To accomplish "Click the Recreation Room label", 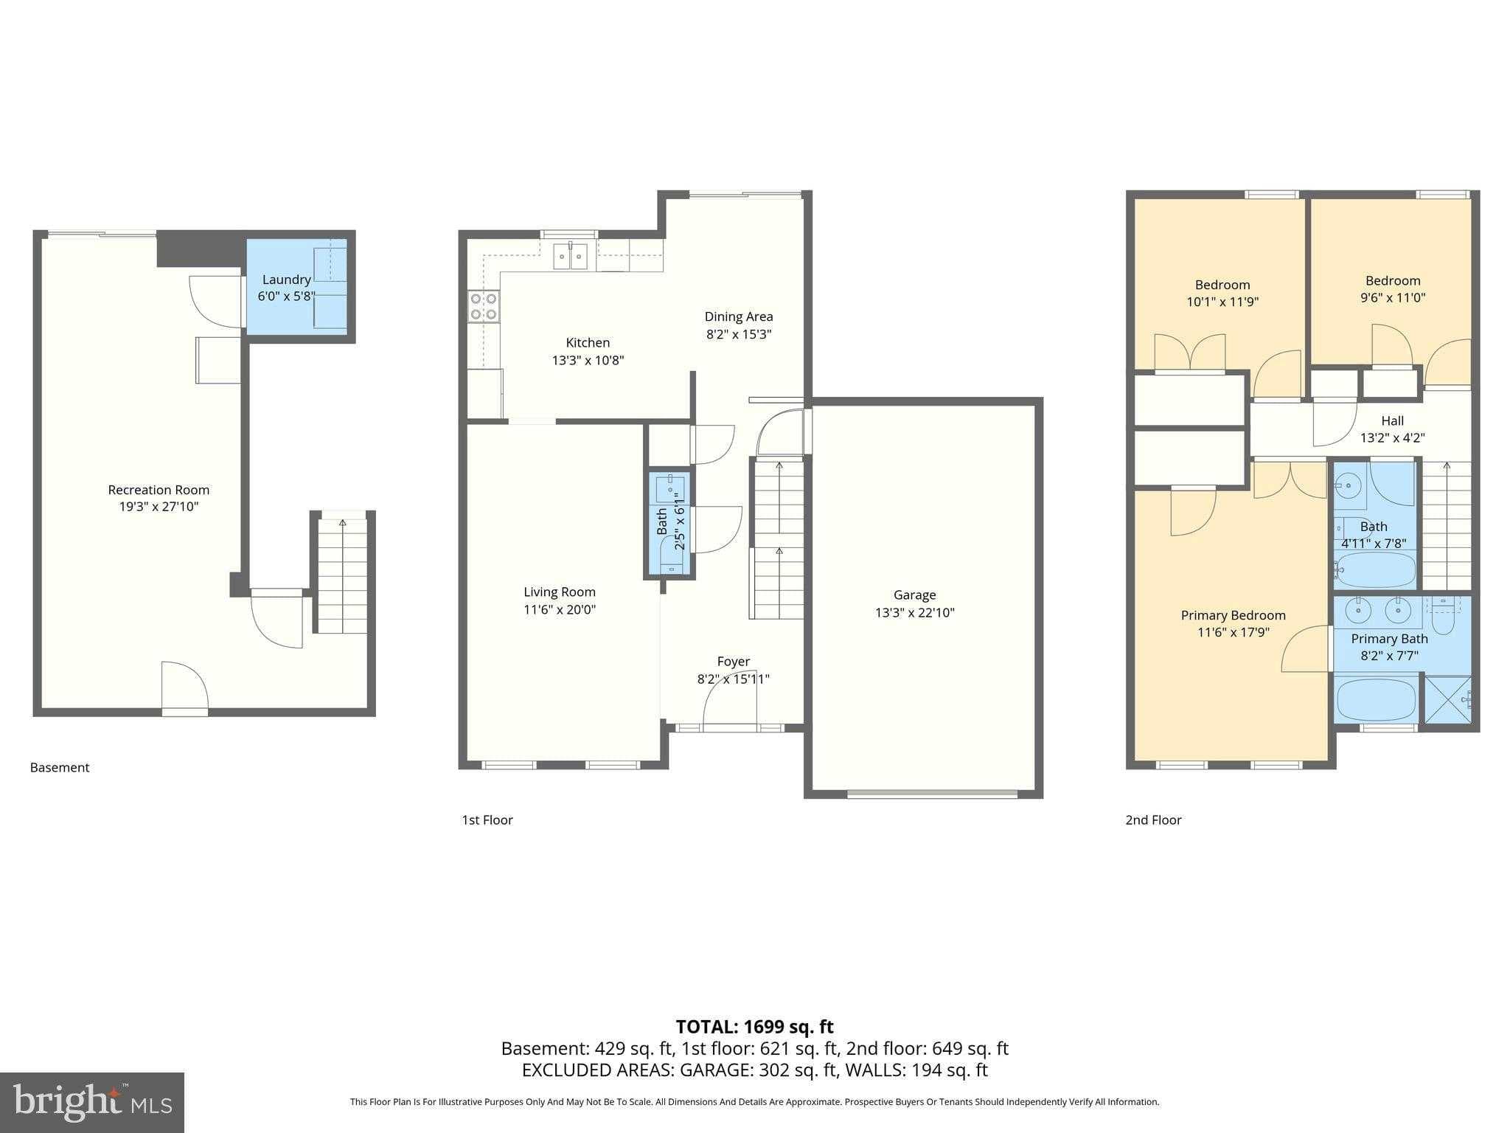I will [159, 490].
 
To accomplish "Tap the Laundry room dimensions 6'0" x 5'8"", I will [286, 297].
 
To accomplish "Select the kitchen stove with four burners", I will [484, 306].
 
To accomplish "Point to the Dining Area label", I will [738, 316].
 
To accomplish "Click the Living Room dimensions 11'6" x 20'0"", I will [560, 609].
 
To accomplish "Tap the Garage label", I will [914, 595].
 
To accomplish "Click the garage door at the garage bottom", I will [932, 794].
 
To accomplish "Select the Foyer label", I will [733, 662].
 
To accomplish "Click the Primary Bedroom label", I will [1233, 615].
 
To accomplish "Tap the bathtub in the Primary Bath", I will [1376, 699].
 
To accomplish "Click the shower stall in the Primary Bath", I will [1447, 699].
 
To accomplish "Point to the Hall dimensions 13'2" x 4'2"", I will [1392, 437].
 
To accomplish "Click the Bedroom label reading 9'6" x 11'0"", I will [1392, 281].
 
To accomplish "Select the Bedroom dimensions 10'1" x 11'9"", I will [1222, 302].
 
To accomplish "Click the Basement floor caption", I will [60, 767].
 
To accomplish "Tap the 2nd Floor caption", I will [1153, 820].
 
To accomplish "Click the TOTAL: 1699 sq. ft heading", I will [754, 1026].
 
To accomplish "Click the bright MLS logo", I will [91, 1102].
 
